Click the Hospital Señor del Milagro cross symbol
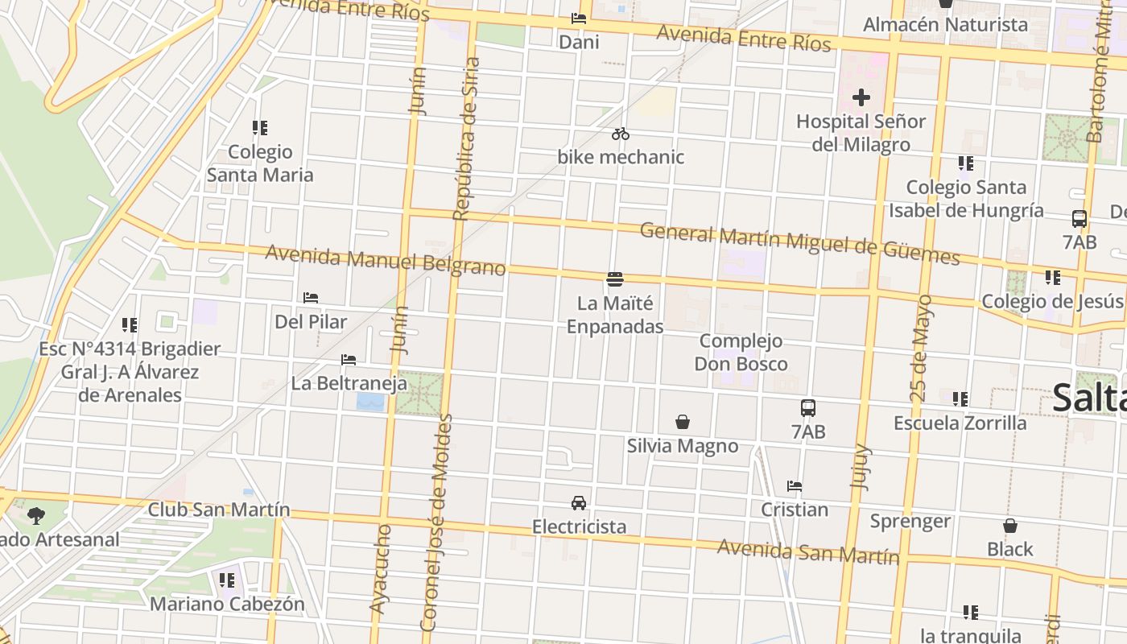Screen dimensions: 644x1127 (861, 98)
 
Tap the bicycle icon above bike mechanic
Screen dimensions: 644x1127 (620, 134)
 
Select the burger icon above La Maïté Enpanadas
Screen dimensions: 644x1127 (615, 279)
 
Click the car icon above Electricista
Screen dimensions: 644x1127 (578, 503)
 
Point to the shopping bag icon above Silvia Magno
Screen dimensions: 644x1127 (683, 422)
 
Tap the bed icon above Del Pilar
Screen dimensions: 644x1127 (311, 298)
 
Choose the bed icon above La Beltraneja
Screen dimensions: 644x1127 (349, 359)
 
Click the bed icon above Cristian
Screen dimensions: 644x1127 (795, 486)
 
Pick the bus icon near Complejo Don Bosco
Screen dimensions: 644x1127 (808, 408)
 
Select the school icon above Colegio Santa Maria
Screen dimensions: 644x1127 (259, 128)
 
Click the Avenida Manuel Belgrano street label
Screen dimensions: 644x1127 (386, 260)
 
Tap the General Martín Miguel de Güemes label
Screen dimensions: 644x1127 (799, 244)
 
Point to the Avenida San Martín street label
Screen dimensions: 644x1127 (807, 552)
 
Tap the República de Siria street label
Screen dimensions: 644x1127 (466, 138)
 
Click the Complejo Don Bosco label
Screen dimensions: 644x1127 (741, 352)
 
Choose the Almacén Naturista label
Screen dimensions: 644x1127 (945, 25)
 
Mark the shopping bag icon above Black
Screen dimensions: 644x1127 (1010, 526)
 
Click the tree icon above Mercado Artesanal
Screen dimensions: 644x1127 (35, 515)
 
